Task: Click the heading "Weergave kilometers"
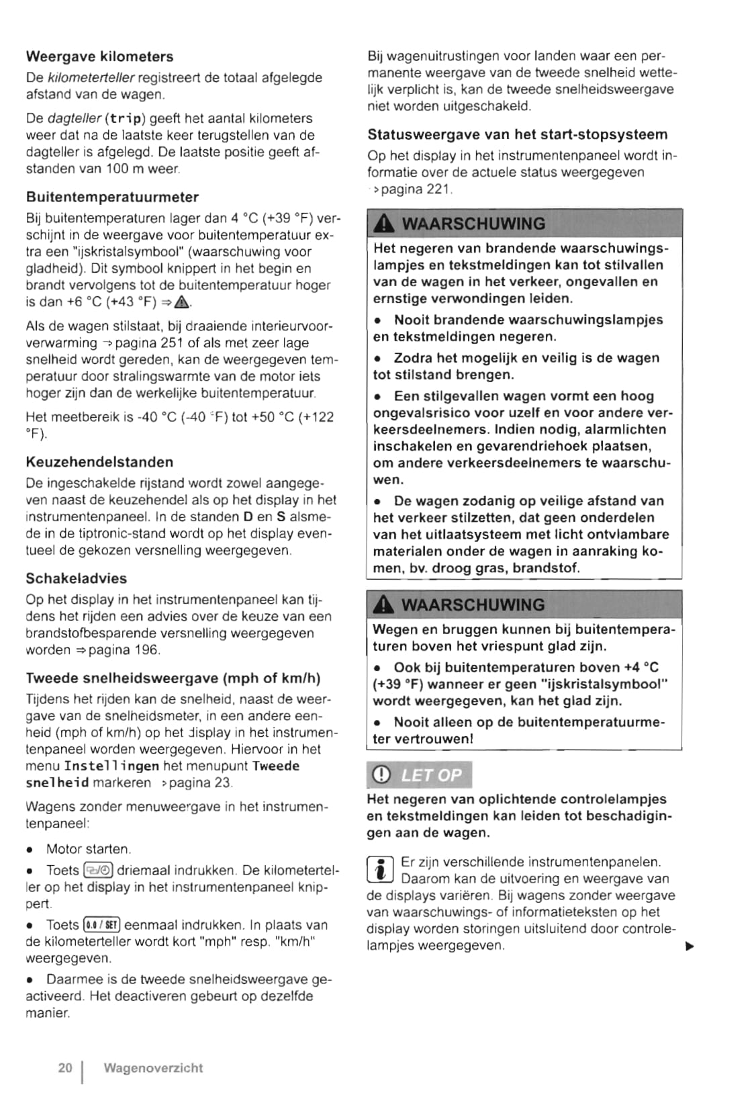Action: [99, 56]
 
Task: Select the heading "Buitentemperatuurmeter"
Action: [112, 197]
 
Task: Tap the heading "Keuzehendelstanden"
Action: [99, 461]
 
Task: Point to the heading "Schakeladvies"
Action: [76, 578]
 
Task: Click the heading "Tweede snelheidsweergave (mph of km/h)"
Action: [173, 678]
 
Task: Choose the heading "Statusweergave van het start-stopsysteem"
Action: [518, 134]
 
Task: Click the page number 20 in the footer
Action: [65, 1067]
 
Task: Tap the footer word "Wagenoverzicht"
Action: [153, 1067]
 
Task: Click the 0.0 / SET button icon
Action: [101, 925]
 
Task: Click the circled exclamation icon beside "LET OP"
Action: [381, 775]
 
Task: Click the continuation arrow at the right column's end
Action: [688, 946]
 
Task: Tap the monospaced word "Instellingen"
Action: [111, 766]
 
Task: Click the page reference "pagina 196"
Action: [124, 650]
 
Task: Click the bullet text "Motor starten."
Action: [88, 849]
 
